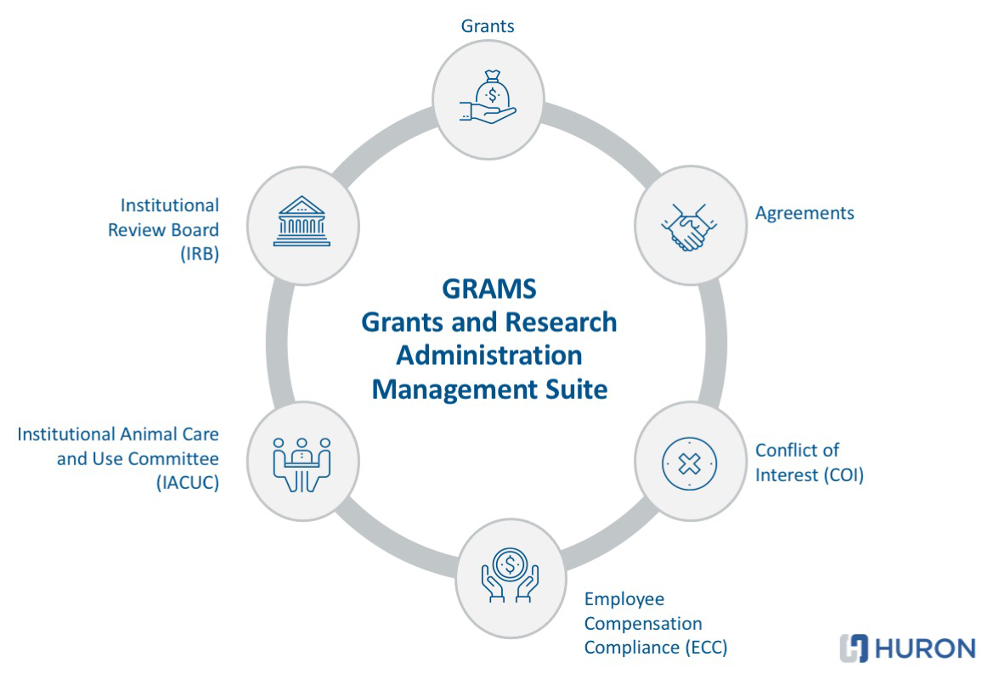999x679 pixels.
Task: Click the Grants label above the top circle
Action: click(x=488, y=25)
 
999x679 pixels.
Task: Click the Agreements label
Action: click(x=804, y=213)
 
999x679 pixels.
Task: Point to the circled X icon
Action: click(x=689, y=463)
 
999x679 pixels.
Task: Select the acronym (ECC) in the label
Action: click(x=707, y=648)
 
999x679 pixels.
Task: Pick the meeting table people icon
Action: click(x=302, y=463)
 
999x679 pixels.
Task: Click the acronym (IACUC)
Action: click(x=188, y=483)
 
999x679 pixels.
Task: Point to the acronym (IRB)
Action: click(x=199, y=254)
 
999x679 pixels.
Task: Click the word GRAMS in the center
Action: click(x=489, y=288)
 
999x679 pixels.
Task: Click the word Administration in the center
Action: click(x=489, y=356)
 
